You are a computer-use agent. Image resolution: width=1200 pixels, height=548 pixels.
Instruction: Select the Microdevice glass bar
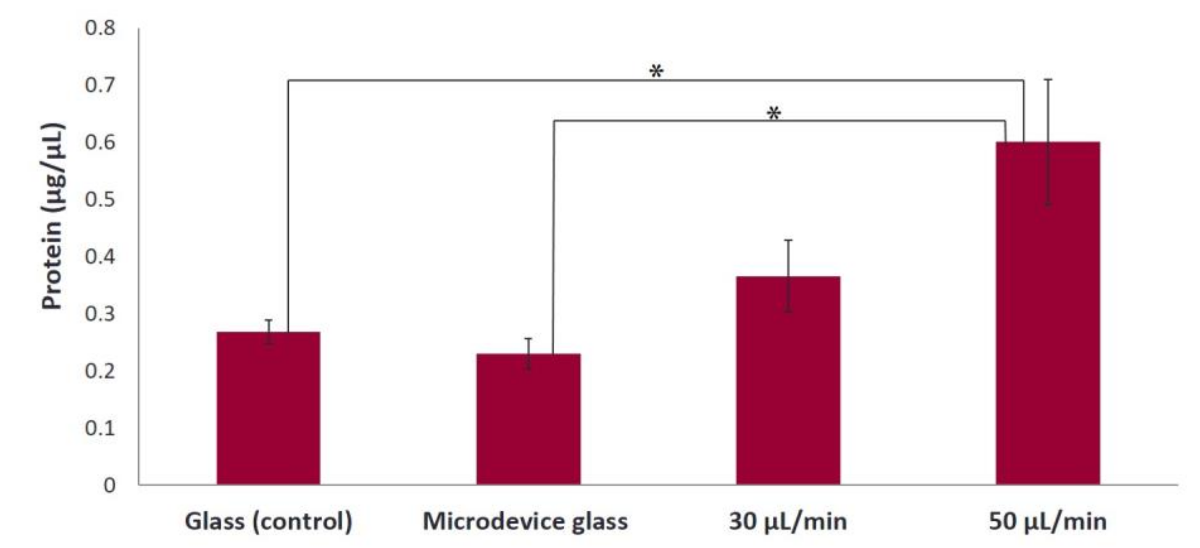[x=528, y=419]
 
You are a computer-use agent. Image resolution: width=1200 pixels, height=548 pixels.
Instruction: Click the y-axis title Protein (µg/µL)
[x=52, y=216]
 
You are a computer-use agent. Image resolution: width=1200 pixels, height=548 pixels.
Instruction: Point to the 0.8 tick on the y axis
[x=100, y=28]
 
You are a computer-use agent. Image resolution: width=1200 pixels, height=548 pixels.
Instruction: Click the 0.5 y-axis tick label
[x=100, y=200]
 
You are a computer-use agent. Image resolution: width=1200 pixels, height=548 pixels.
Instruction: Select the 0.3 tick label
[x=100, y=314]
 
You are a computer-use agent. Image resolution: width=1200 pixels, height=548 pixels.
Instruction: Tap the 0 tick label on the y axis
[x=110, y=485]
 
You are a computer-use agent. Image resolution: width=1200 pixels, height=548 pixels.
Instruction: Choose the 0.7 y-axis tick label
[x=100, y=85]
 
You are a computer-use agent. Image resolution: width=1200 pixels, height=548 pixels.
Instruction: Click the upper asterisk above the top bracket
[x=656, y=71]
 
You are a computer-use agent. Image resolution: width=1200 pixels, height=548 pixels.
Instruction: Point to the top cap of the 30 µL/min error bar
[x=788, y=240]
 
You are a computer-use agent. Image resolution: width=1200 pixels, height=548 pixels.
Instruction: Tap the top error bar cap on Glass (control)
[x=268, y=320]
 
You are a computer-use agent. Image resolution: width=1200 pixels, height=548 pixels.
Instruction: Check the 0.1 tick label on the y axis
[x=100, y=428]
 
